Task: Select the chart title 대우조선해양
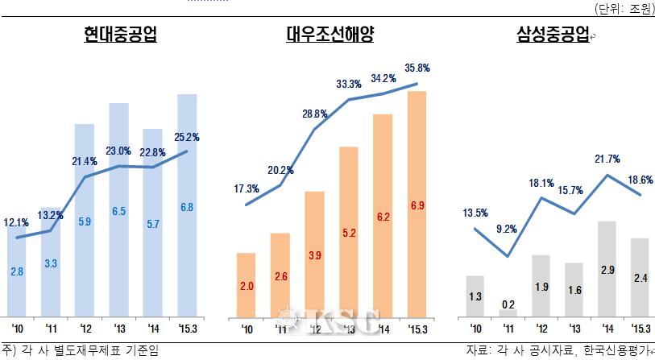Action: point(331,35)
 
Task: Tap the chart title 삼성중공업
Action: point(552,35)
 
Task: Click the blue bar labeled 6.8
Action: point(188,205)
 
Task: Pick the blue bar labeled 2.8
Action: point(17,272)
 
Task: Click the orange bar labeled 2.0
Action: point(247,285)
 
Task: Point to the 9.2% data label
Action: point(506,229)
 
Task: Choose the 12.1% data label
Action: point(16,222)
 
